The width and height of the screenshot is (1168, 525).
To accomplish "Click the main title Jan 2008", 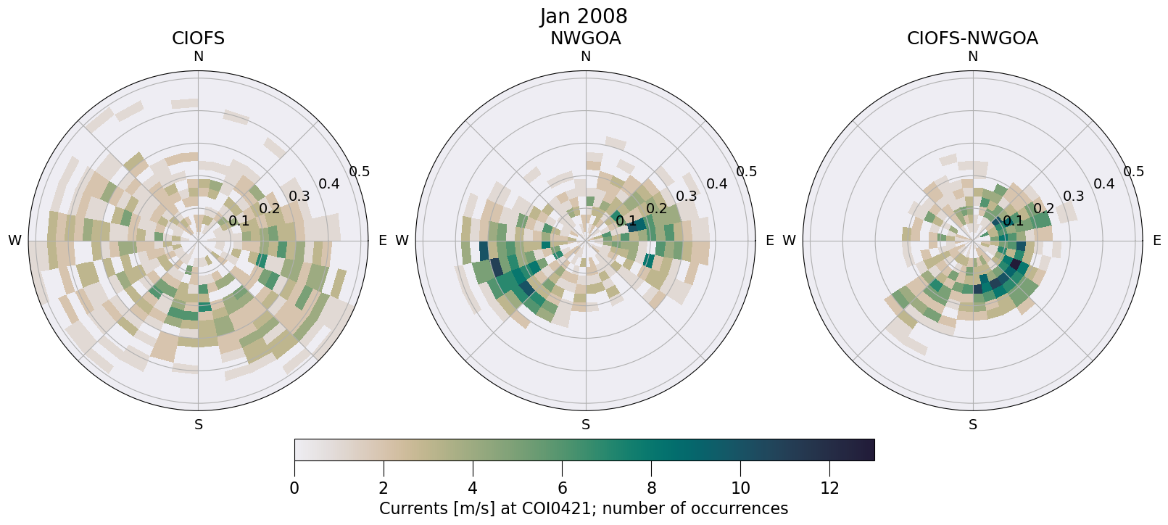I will (x=584, y=16).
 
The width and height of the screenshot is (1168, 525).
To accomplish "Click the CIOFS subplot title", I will (x=198, y=38).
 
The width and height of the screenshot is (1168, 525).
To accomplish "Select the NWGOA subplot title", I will (x=585, y=38).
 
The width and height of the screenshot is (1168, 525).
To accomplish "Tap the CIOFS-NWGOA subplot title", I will (x=972, y=38).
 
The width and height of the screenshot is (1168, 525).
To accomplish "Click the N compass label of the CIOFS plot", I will (x=198, y=57).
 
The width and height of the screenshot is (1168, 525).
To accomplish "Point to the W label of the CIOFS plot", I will (x=15, y=241).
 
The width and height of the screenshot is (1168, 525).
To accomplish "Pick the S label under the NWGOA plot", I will (x=585, y=425).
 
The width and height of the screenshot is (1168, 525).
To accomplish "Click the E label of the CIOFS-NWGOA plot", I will (x=1156, y=241).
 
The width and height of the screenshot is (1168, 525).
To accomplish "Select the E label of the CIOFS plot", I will (x=382, y=241).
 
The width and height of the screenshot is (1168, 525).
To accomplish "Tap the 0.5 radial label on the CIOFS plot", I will (x=360, y=172).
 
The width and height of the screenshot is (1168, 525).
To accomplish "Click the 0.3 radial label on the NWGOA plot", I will (x=687, y=197).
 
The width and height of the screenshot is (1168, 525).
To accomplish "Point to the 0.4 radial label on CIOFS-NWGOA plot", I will (x=1104, y=184).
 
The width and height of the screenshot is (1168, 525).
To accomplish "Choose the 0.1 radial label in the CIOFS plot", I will (x=239, y=221).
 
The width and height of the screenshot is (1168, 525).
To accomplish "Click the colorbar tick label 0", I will (x=294, y=489).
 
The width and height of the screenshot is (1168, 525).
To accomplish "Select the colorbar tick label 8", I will (x=651, y=489).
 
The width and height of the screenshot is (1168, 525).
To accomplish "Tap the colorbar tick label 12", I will (x=829, y=489).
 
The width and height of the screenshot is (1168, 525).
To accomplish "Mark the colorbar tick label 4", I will (x=473, y=489).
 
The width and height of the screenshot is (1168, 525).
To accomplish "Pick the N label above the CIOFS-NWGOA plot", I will (x=972, y=57).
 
